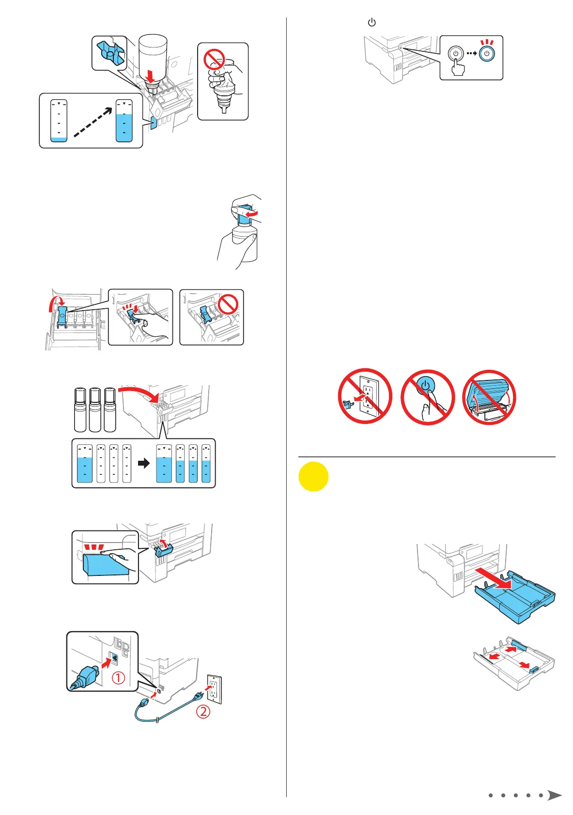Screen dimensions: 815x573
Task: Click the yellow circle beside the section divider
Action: pos(313,477)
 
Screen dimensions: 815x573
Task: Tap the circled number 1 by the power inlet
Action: pos(118,678)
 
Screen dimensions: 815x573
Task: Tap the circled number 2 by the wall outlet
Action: pos(203,711)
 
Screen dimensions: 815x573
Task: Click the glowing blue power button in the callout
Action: pos(487,54)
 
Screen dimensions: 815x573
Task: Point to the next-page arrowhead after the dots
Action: pos(554,795)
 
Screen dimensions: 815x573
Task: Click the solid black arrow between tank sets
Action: pos(144,463)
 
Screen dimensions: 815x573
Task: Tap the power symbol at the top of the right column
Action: pos(372,22)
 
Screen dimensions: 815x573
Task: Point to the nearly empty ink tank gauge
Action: pos(59,121)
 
